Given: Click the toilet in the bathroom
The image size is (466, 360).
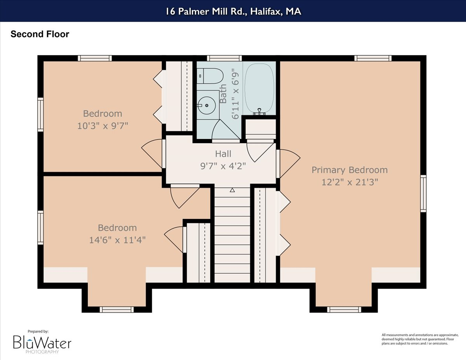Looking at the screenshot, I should pos(210,76).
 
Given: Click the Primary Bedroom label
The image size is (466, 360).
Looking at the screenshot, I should pos(349,170).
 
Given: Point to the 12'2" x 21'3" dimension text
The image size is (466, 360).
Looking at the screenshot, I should pos(349,181).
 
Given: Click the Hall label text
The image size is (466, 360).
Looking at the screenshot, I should pos(223,154).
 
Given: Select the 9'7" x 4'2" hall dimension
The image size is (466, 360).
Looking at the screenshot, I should pos(223,165).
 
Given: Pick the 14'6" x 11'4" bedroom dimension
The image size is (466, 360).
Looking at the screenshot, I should pos(117,240).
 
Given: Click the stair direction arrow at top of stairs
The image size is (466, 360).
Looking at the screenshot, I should pos(232,190).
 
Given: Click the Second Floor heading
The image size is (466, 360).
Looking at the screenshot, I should pos(40,34).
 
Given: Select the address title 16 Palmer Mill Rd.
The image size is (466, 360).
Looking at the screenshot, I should pos(233,12).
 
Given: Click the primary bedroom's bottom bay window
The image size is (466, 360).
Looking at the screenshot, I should pos(344,310).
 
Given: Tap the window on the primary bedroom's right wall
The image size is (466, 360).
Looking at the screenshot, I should pos(423,193).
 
